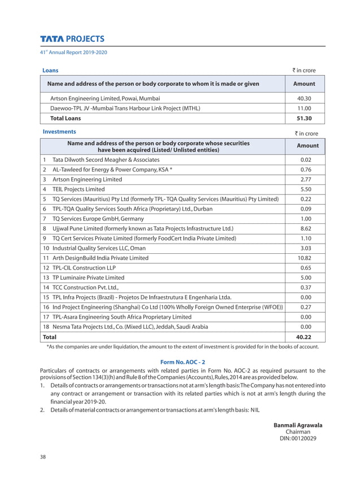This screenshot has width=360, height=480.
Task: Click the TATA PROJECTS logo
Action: [x=72, y=39]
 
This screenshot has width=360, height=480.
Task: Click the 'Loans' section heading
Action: [x=51, y=71]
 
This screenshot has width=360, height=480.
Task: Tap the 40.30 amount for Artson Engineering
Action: [x=304, y=98]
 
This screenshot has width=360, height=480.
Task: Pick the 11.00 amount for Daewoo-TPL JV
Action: [x=304, y=108]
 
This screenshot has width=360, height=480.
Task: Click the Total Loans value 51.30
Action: [x=304, y=118]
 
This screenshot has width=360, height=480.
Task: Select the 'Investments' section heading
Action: [x=60, y=131]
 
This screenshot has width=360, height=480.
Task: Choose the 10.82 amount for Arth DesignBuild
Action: [x=305, y=258]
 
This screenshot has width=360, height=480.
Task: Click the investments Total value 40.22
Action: [x=304, y=337]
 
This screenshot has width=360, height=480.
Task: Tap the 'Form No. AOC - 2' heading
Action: [x=183, y=362]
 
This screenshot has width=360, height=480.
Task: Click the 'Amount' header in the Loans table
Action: [x=304, y=84]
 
